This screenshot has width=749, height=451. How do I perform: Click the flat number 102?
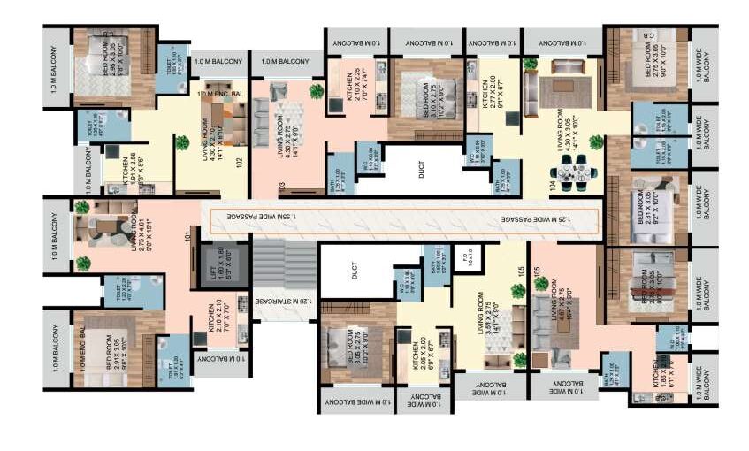239,163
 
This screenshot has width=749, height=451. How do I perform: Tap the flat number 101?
187,235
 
